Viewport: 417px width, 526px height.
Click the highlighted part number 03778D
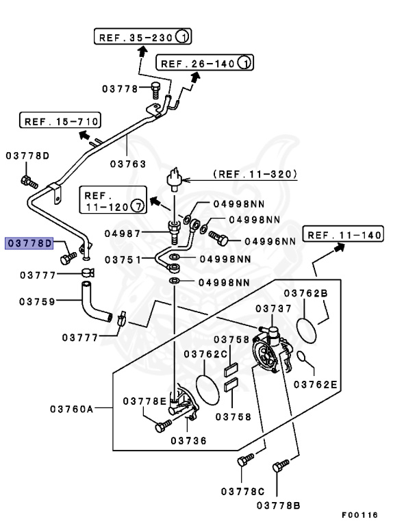pyautogui.click(x=29, y=243)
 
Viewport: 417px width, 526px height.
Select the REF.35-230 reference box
pyautogui.click(x=142, y=37)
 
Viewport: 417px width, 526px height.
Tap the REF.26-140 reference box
pyautogui.click(x=205, y=64)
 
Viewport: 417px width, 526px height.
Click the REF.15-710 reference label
pyautogui.click(x=60, y=122)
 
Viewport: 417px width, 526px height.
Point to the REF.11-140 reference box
pyautogui.click(x=343, y=236)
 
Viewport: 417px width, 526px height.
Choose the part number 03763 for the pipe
pyautogui.click(x=129, y=164)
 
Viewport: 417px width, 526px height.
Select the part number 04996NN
pyautogui.click(x=270, y=240)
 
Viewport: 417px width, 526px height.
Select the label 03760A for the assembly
pyautogui.click(x=71, y=409)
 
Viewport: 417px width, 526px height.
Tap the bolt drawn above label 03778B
pyautogui.click(x=277, y=468)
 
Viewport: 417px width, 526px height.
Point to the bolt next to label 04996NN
pyautogui.click(x=221, y=239)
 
